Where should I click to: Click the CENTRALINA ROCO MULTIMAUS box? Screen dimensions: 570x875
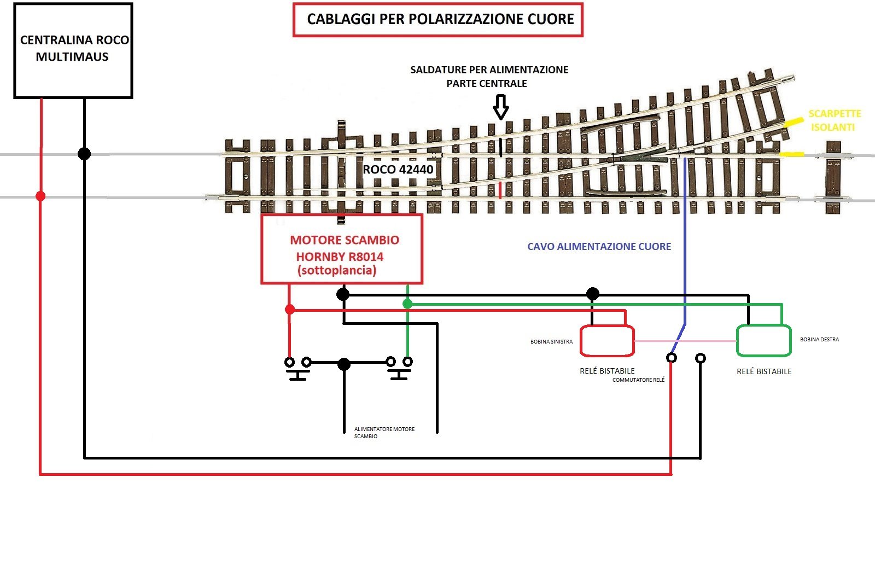click(x=73, y=50)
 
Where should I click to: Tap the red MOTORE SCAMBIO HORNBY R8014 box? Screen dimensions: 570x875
click(x=342, y=249)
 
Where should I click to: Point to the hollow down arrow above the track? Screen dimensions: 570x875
click(x=500, y=107)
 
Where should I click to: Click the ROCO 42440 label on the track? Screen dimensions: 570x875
click(x=398, y=170)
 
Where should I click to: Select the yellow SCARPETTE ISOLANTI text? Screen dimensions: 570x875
click(x=834, y=120)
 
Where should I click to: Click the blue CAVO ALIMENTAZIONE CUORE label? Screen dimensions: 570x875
click(x=599, y=247)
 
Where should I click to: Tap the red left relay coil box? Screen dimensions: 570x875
click(x=607, y=341)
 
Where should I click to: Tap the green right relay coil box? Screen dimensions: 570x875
click(x=763, y=340)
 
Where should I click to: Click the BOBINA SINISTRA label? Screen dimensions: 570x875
click(x=551, y=342)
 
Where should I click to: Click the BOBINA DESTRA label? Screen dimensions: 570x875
click(x=819, y=340)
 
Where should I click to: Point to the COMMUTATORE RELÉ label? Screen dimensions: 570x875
click(x=638, y=380)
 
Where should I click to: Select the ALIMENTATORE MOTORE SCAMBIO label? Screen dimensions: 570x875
click(x=384, y=433)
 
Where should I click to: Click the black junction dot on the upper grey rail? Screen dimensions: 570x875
click(x=84, y=154)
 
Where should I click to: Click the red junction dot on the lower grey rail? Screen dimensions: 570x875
click(x=40, y=196)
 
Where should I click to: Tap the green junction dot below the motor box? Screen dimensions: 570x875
click(x=407, y=304)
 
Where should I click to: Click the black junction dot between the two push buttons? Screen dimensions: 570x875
click(x=343, y=364)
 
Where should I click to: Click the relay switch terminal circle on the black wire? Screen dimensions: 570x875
click(x=701, y=358)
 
